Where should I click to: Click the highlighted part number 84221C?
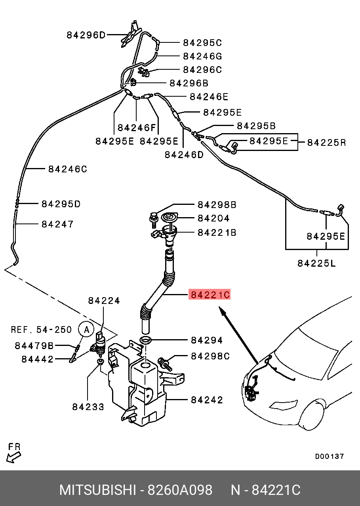tap(210, 295)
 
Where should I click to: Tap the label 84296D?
tap(86, 35)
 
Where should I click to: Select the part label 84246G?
tap(202, 56)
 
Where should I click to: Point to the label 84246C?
tap(67, 169)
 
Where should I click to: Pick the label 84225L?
tap(316, 263)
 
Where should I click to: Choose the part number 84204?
tap(213, 218)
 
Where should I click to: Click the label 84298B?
tap(217, 205)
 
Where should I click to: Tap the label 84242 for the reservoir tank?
tap(207, 400)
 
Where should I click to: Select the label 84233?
tap(88, 407)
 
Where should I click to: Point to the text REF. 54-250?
tap(41, 330)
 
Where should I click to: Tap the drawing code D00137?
tap(330, 456)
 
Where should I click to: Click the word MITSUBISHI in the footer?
tap(97, 490)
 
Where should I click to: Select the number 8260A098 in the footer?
tap(180, 490)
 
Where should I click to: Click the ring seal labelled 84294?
tap(145, 340)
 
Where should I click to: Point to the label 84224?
tap(104, 301)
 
